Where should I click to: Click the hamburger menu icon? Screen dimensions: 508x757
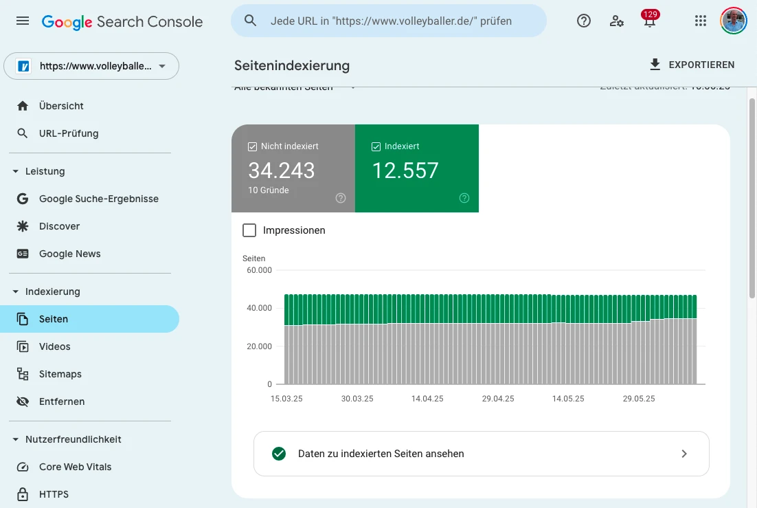point(23,21)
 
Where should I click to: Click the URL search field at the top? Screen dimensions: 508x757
point(390,21)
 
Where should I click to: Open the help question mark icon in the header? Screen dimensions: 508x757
point(584,21)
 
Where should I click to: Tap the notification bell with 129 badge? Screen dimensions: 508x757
point(649,21)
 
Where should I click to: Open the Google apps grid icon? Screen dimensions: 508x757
point(701,21)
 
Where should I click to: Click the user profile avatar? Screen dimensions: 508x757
point(734,21)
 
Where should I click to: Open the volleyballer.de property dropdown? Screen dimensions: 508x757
point(91,67)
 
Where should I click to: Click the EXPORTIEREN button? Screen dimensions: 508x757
point(692,65)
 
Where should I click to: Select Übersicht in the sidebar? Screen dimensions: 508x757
point(61,106)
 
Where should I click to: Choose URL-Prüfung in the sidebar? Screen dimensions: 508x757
point(69,133)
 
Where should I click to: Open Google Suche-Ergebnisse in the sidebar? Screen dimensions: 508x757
point(98,199)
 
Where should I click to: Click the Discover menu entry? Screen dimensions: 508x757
point(59,226)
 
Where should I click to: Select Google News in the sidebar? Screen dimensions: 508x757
point(69,254)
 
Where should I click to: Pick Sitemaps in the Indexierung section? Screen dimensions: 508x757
point(60,374)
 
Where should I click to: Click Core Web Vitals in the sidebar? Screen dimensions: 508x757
point(75,467)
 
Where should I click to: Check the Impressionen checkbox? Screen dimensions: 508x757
point(249,230)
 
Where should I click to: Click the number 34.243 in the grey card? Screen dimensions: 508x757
point(282,170)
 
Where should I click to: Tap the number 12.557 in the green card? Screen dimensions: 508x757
point(405,170)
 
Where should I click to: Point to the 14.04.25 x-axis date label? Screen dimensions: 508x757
point(427,399)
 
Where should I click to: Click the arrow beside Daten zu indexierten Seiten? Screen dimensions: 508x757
point(683,454)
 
